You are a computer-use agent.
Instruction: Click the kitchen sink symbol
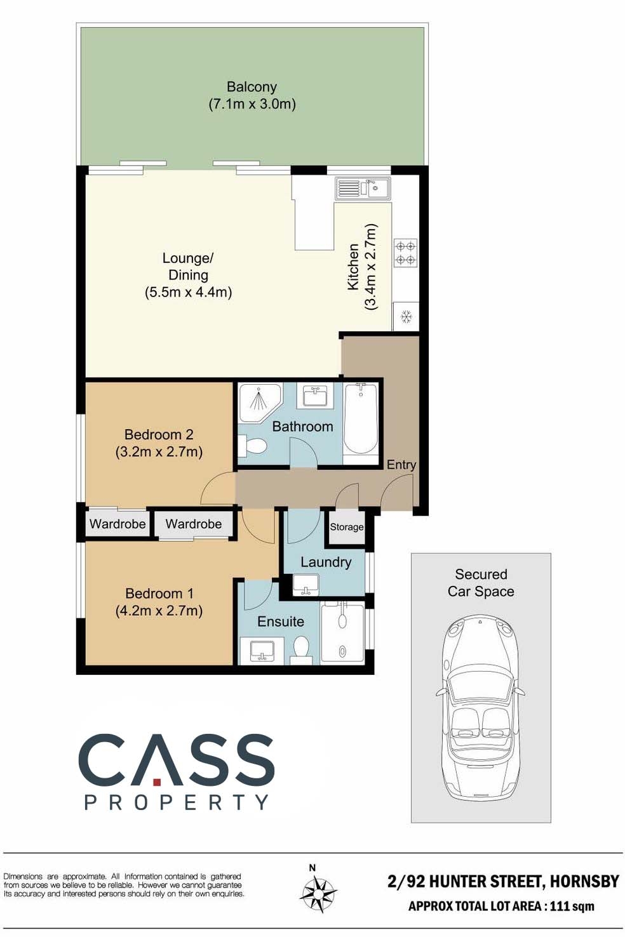click(363, 189)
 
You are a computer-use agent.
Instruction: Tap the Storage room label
click(347, 527)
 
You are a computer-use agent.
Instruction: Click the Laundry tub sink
click(306, 585)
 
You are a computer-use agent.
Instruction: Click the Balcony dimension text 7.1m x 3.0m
click(252, 103)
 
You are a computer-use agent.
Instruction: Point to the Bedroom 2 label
click(159, 434)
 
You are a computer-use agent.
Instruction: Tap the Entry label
click(401, 465)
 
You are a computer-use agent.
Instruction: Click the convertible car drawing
click(481, 708)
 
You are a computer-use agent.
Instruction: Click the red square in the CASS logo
click(157, 781)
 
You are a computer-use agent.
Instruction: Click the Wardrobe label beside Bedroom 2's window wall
click(118, 524)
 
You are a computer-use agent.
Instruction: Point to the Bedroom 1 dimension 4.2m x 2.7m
click(159, 611)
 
